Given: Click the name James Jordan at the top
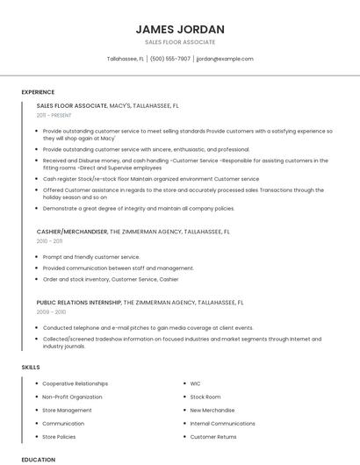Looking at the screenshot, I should pos(180,29).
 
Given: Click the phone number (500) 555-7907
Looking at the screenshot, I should pos(170,59).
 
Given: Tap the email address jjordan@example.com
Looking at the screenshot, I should pos(225,59).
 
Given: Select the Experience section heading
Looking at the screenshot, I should pos(38,92).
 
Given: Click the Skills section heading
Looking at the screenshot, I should pos(31,366).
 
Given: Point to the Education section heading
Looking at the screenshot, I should pos(39,459).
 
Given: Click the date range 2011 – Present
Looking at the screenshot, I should pos(54,115).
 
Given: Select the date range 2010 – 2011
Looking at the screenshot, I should pos(49,240).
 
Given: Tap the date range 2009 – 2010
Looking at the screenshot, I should pos(51,311).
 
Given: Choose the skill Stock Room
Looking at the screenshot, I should pos(205,397).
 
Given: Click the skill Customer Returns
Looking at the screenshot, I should pos(213,436).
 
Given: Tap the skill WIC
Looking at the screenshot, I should pos(196,383).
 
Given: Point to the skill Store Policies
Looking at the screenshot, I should pos(59,436).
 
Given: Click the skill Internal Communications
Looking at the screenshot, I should pos(222,423).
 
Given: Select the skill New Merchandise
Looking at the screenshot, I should pos(212,410).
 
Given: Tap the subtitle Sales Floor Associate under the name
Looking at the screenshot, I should pos(180,42).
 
